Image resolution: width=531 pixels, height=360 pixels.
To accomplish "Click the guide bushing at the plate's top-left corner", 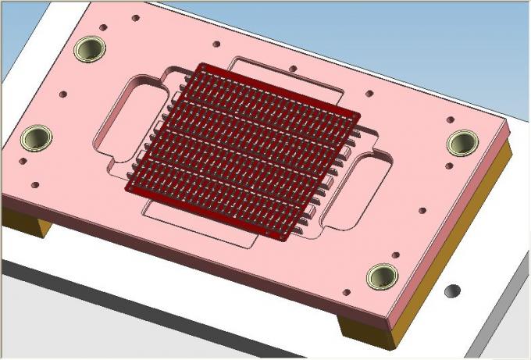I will (90, 50).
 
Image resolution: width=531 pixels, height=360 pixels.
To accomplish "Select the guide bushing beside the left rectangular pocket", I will (35, 138).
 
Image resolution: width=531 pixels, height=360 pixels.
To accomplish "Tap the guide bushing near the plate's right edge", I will (462, 142).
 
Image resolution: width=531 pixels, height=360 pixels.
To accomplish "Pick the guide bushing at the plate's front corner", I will (382, 275).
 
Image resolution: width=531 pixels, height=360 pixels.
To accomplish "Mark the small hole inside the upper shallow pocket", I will (292, 69).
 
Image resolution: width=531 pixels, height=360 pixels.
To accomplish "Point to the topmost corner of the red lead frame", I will (201, 65).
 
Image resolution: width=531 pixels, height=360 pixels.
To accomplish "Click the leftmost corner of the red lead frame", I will (128, 188).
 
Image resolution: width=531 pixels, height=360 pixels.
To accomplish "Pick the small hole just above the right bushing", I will (450, 119).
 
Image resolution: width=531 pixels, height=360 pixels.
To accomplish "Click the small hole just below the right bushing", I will (448, 166).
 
